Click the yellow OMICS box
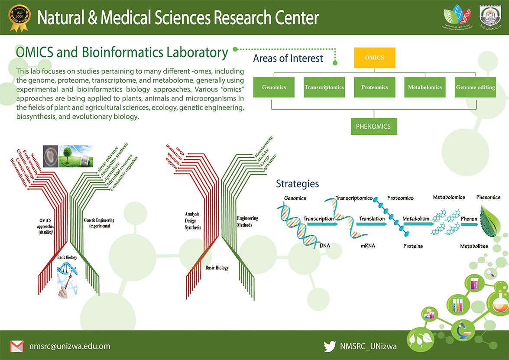click(x=374, y=58)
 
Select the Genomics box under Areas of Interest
click(x=274, y=87)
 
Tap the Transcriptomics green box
click(x=324, y=87)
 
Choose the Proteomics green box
click(x=374, y=87)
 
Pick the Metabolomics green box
click(x=425, y=87)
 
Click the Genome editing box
click(x=475, y=87)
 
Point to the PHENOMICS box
click(x=373, y=126)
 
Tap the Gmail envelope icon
click(x=16, y=346)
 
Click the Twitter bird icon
click(x=330, y=346)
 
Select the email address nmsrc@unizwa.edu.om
click(x=69, y=346)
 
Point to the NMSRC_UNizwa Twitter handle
click(x=368, y=346)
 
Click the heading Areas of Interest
click(x=288, y=58)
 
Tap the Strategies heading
click(x=297, y=184)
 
